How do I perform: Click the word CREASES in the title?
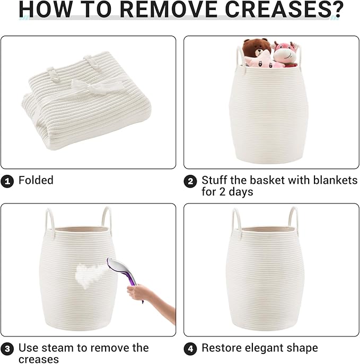tap(276, 10)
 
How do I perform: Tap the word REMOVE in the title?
tap(169, 10)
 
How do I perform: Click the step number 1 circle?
tap(7, 181)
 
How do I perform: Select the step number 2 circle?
tap(190, 181)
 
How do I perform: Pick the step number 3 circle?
tap(7, 349)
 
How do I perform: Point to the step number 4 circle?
tap(190, 349)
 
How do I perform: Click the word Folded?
tap(36, 180)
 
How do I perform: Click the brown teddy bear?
tap(256, 48)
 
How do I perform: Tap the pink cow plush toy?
tap(285, 55)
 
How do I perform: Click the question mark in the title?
tap(337, 10)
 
